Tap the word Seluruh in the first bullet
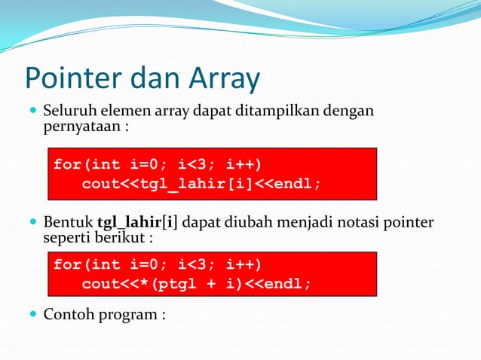pos(66,112)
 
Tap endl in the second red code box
pos(289,284)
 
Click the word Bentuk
pos(68,223)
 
